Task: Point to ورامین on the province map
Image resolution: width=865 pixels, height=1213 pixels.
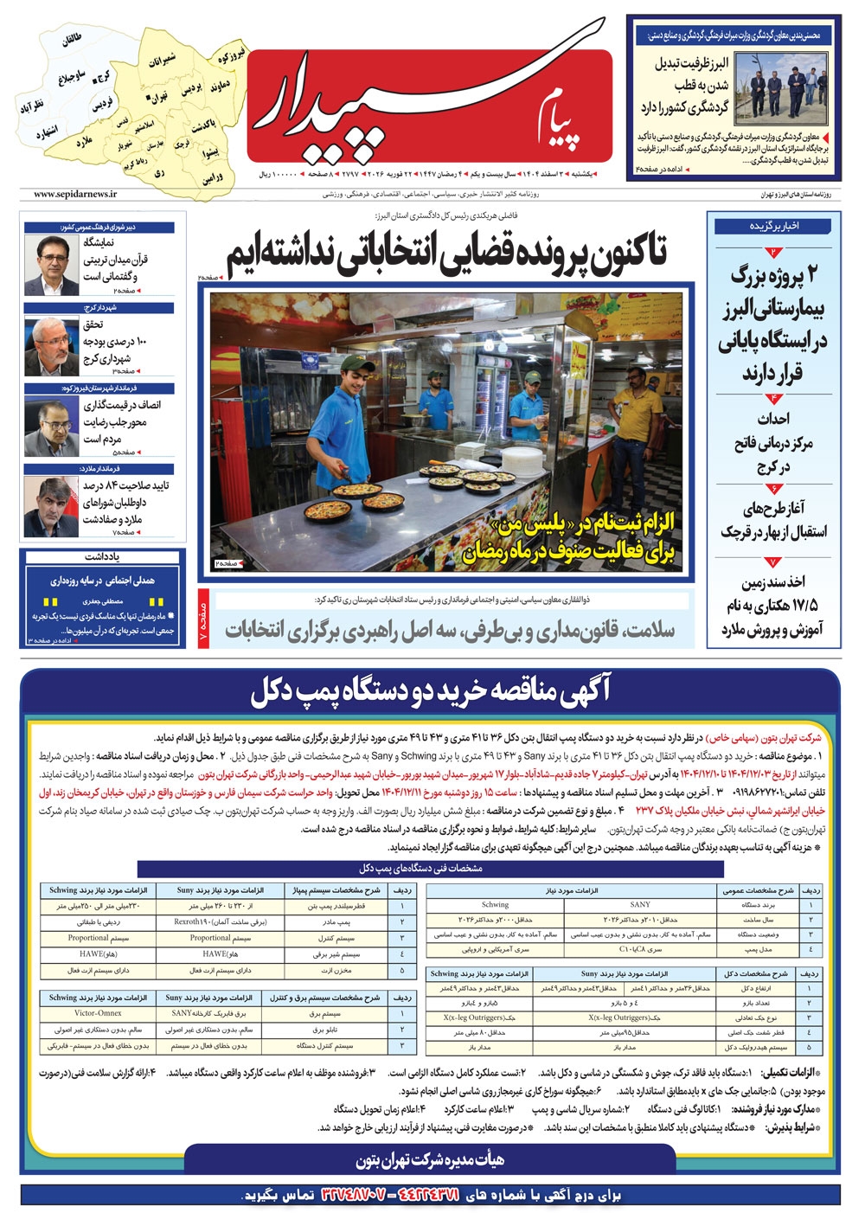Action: coord(213,176)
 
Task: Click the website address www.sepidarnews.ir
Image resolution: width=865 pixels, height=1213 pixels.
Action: coord(76,195)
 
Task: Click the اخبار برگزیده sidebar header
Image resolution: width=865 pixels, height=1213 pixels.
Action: coord(773,225)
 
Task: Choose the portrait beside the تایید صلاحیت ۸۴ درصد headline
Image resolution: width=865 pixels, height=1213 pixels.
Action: coord(51,506)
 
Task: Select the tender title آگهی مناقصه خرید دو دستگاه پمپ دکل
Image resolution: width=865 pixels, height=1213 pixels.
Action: coord(430,691)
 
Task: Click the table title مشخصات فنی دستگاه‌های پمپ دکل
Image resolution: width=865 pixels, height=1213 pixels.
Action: coord(421,868)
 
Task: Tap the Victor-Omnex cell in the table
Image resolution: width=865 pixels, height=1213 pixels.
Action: coord(98,1012)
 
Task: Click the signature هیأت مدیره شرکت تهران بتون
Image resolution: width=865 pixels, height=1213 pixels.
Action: coord(430,1158)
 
